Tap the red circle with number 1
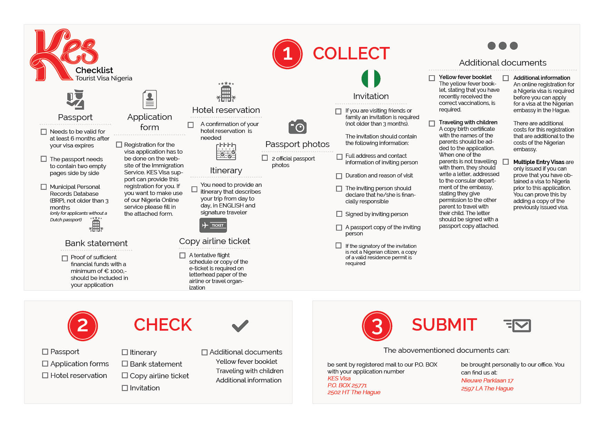[x=287, y=54]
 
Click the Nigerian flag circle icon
[x=371, y=78]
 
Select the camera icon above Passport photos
[x=297, y=127]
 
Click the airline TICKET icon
[x=213, y=225]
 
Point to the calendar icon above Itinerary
[x=226, y=152]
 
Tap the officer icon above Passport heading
[x=76, y=99]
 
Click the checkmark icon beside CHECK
[x=240, y=325]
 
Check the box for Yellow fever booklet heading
[x=432, y=78]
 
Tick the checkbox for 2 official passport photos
[x=265, y=158]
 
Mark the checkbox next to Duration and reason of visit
[x=339, y=176]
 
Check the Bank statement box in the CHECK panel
[x=125, y=364]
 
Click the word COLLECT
[x=351, y=53]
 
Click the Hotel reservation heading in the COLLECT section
[x=226, y=110]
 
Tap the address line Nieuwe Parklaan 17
[x=487, y=380]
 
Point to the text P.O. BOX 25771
[x=347, y=385]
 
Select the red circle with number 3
[x=377, y=326]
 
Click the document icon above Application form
[x=150, y=99]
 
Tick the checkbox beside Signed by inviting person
[x=339, y=214]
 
